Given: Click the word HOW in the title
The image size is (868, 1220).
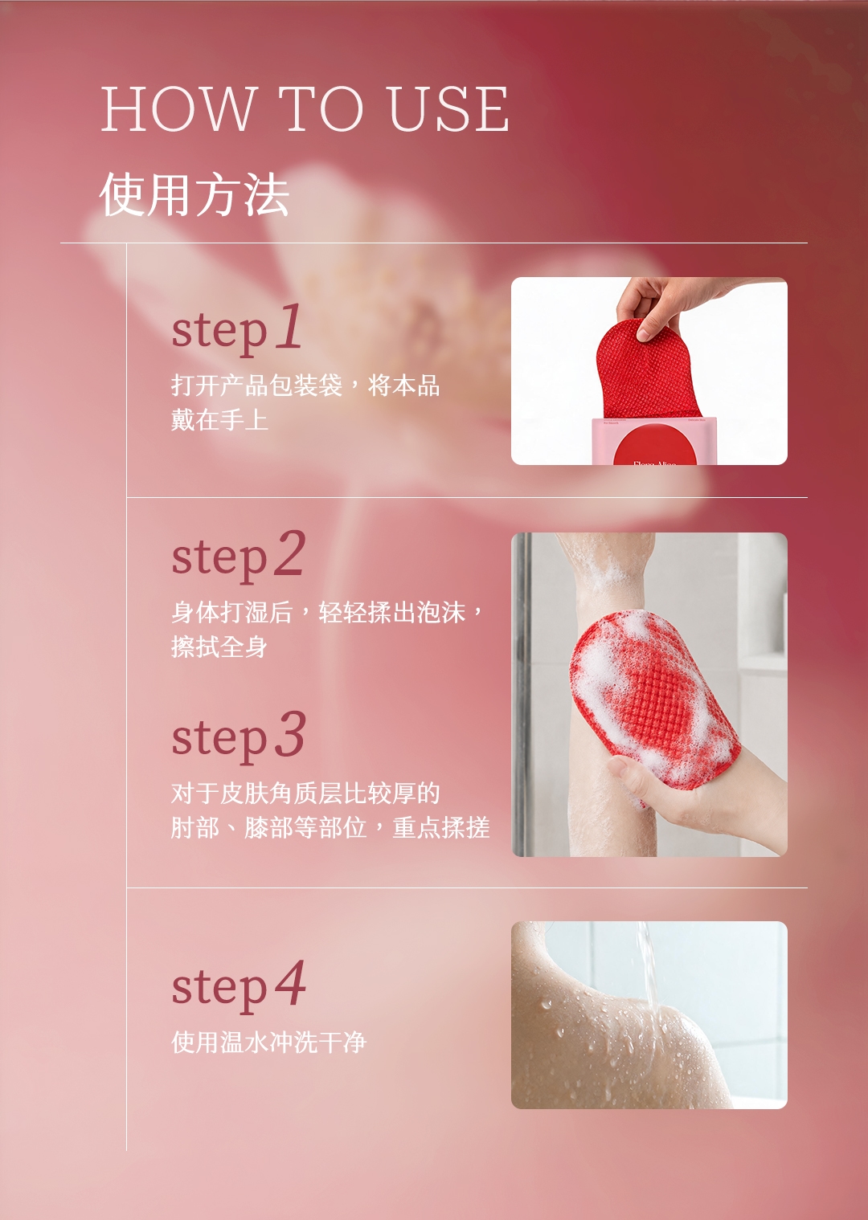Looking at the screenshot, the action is click(178, 108).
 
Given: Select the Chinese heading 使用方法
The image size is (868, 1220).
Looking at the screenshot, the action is click(194, 194).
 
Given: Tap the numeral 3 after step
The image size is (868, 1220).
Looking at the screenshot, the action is click(290, 733).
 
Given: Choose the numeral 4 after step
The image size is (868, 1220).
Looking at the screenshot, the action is click(290, 982).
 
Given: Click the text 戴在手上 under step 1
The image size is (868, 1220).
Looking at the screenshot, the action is click(219, 420).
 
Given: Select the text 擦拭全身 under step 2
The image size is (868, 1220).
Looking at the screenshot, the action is click(219, 647).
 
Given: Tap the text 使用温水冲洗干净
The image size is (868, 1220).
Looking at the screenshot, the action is click(269, 1043).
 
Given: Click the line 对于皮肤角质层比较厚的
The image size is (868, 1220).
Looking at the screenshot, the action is click(305, 793).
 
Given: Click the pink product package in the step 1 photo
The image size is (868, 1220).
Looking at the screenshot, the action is click(649, 441).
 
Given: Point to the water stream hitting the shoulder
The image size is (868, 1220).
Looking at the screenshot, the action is click(649, 969).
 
